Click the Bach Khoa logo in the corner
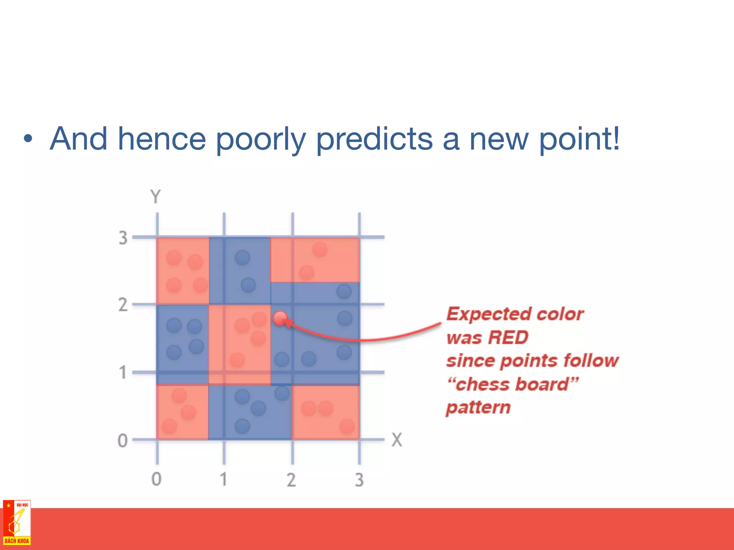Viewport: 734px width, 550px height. pyautogui.click(x=16, y=523)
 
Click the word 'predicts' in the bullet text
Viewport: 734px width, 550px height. pyautogui.click(x=374, y=140)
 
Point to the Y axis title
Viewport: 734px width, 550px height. pyautogui.click(x=156, y=197)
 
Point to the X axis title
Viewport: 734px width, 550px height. pyautogui.click(x=397, y=440)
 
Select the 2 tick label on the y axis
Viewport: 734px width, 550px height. pyautogui.click(x=123, y=305)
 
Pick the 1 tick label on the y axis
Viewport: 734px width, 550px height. pyautogui.click(x=123, y=372)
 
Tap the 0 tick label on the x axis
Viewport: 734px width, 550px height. pyautogui.click(x=156, y=479)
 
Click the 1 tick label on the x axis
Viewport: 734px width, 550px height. pyautogui.click(x=224, y=479)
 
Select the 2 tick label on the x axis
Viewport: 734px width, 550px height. pyautogui.click(x=291, y=480)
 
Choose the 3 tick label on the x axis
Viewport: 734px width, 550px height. pyautogui.click(x=359, y=480)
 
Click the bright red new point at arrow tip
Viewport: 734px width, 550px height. pyautogui.click(x=280, y=318)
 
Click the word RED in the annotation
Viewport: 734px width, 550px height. pyautogui.click(x=508, y=337)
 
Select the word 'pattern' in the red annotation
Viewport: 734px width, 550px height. pyautogui.click(x=478, y=407)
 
